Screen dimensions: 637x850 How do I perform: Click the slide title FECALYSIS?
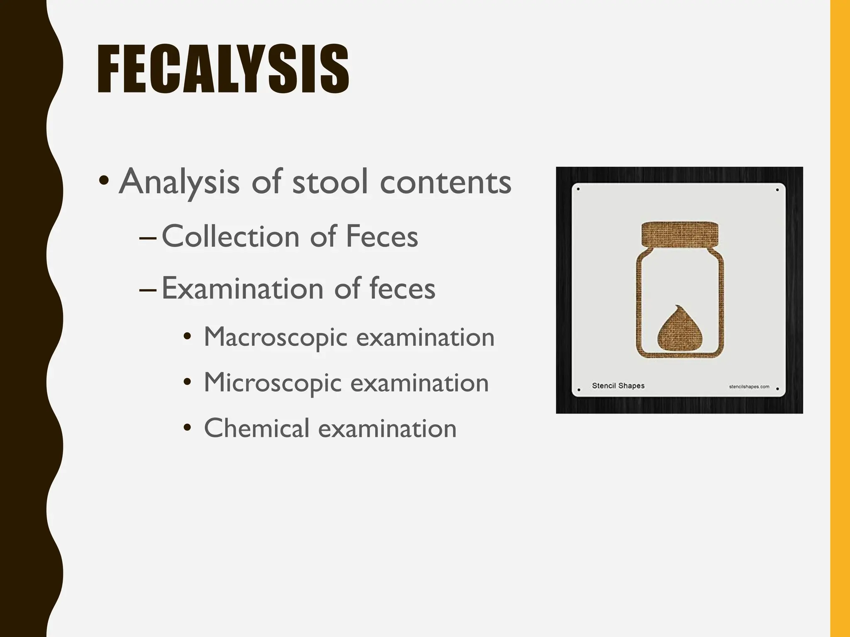pyautogui.click(x=223, y=69)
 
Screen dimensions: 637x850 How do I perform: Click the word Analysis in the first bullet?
pyautogui.click(x=179, y=182)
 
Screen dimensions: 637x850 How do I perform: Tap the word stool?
pyautogui.click(x=330, y=182)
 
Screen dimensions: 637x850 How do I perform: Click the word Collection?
pyautogui.click(x=230, y=236)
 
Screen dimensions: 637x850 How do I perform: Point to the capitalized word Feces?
pyautogui.click(x=382, y=236)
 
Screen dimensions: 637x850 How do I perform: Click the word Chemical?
pyautogui.click(x=256, y=428)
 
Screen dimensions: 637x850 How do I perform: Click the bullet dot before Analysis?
pyautogui.click(x=104, y=181)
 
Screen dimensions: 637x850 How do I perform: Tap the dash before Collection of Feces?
pyautogui.click(x=148, y=238)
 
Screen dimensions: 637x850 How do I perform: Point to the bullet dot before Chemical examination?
pyautogui.click(x=188, y=428)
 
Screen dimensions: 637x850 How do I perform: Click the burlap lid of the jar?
pyautogui.click(x=680, y=235)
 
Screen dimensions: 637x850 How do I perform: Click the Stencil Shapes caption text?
pyautogui.click(x=618, y=386)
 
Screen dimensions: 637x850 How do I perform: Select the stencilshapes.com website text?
pyautogui.click(x=749, y=387)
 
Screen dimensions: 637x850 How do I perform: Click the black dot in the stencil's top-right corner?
pyautogui.click(x=777, y=190)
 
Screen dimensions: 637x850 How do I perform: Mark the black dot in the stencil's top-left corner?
pyautogui.click(x=578, y=190)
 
